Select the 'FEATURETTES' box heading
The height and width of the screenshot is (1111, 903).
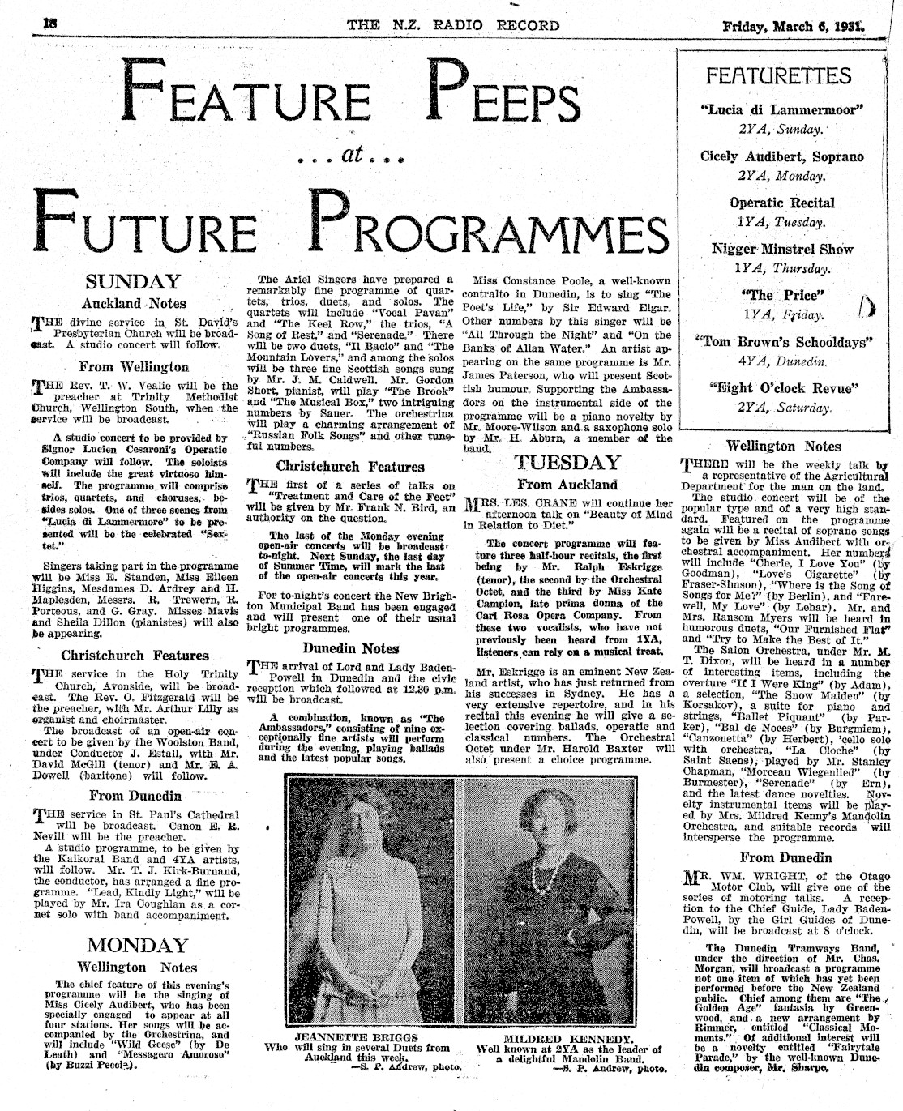pos(778,76)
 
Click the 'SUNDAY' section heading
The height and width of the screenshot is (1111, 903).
pos(134,283)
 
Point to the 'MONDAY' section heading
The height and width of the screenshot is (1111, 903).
pos(137,945)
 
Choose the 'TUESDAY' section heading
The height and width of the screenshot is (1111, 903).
pos(567,463)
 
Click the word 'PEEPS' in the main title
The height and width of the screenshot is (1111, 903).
pos(505,96)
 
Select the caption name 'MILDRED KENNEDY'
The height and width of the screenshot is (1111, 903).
pos(567,1038)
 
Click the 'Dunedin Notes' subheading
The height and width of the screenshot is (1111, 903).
pos(351,648)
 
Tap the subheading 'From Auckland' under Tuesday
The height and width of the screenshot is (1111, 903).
pos(567,485)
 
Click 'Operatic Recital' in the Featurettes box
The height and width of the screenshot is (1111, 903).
pos(781,203)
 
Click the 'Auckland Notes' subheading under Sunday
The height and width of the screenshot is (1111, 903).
pos(134,304)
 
